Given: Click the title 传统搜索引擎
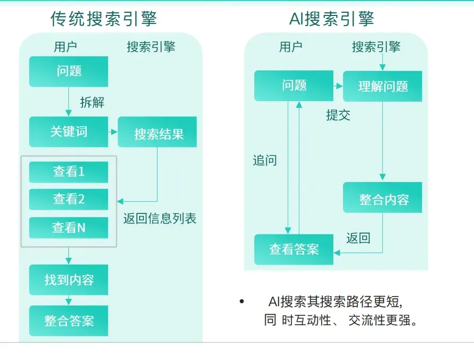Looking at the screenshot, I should point(104,19).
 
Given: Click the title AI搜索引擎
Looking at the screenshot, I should point(332,19).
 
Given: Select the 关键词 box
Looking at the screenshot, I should point(69,132).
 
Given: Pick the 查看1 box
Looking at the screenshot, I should point(69,171).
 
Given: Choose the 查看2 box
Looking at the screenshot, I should point(69,199).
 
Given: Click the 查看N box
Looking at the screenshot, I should point(69,228).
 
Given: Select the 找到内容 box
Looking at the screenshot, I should point(69,280).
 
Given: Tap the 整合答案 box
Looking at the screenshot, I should point(69,321).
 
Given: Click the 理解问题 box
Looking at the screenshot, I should point(382,86).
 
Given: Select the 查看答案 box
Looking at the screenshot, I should point(293,249).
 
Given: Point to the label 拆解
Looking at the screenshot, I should point(92,103).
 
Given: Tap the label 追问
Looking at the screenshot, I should point(265,160).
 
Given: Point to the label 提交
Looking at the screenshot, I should point(338,115).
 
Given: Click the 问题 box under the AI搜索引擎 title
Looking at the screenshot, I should point(293,85).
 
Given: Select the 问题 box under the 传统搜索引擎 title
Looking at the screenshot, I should point(69,71).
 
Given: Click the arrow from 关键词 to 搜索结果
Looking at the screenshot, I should point(113,132).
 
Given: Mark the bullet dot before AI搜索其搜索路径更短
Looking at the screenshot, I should point(242,302).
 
